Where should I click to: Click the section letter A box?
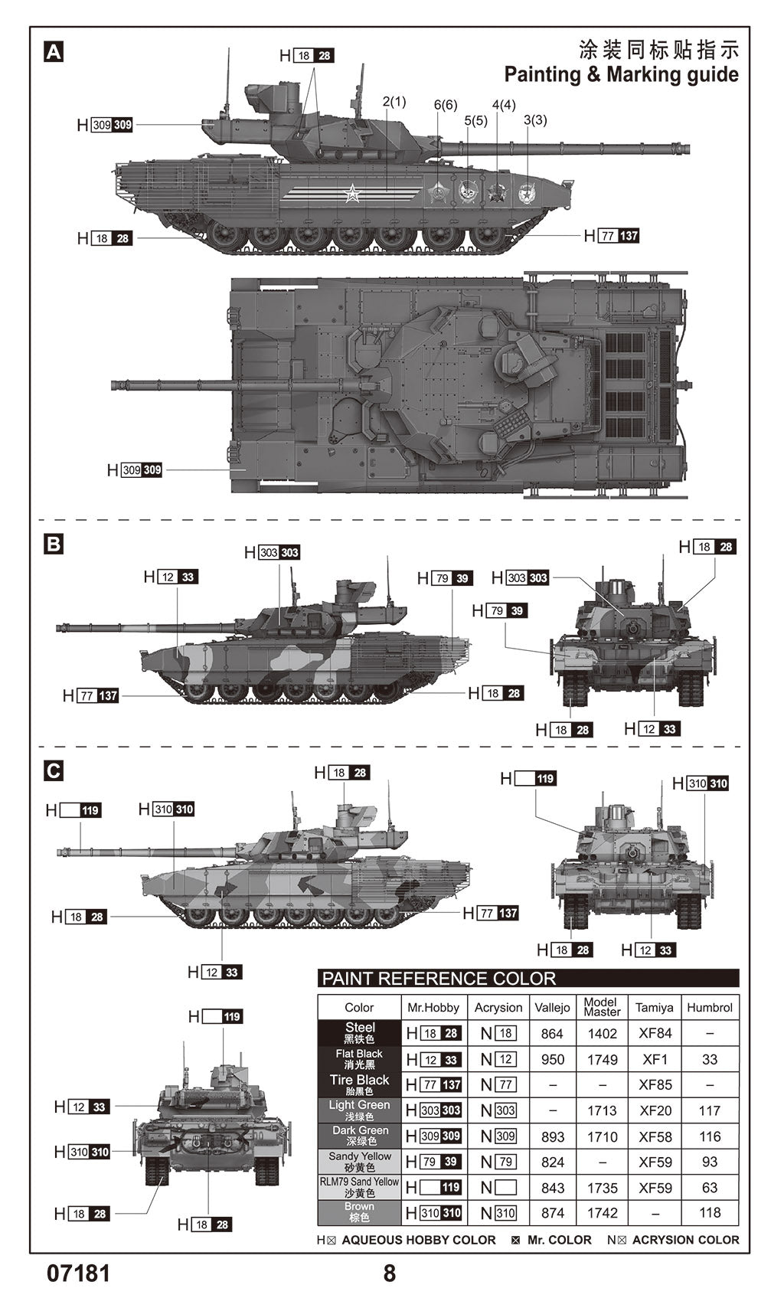[x=54, y=52]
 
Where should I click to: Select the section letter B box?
[x=54, y=544]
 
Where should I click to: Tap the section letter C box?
[x=54, y=770]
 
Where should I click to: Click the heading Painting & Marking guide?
[x=621, y=75]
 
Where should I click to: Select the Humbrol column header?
[x=710, y=1008]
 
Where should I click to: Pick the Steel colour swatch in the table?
[x=359, y=1032]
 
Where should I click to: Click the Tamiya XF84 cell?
[x=655, y=1033]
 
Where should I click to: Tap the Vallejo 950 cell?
[x=552, y=1059]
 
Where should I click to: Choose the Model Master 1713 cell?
[x=602, y=1110]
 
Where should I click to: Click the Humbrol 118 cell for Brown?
[x=710, y=1213]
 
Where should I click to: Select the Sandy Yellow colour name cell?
[x=359, y=1162]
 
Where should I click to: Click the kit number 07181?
[x=79, y=1273]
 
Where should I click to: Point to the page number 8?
[x=390, y=1273]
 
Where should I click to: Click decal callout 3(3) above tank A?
[x=535, y=120]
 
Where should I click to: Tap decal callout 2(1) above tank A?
[x=394, y=102]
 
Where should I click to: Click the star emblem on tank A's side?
[x=351, y=194]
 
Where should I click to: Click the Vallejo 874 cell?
[x=552, y=1213]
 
